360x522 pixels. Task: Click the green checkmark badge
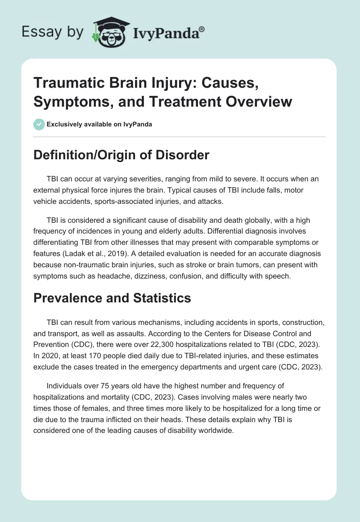(x=39, y=124)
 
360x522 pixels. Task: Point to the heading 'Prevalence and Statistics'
(x=113, y=298)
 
